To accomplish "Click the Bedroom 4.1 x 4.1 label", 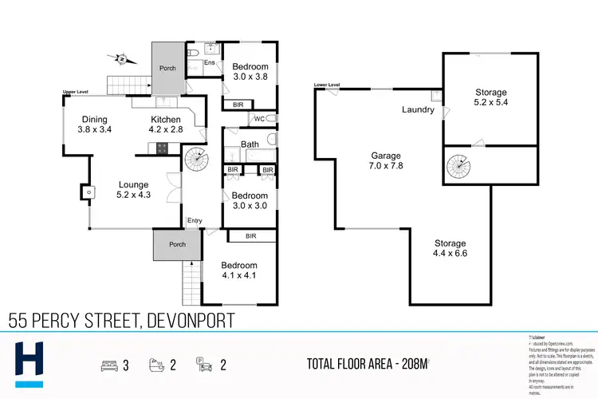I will pos(239,271).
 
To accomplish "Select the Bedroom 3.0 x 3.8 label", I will pos(249,73).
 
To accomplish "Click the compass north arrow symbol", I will pos(120,58).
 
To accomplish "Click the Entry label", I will pos(194,221).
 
